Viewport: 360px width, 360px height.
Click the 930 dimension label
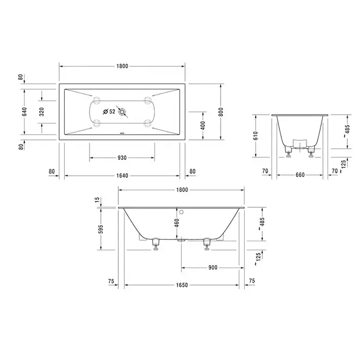point(122,158)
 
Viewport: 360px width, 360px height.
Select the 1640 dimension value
point(122,176)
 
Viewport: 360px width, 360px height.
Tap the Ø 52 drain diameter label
point(109,112)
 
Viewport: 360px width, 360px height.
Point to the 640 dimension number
point(25,112)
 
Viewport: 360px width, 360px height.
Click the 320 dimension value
point(42,112)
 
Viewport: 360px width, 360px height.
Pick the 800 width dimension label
point(221,112)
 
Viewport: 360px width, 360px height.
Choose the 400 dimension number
point(203,125)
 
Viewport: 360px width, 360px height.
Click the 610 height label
point(256,136)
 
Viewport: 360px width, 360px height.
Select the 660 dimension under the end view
point(300,175)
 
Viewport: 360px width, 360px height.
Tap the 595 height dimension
point(101,229)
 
